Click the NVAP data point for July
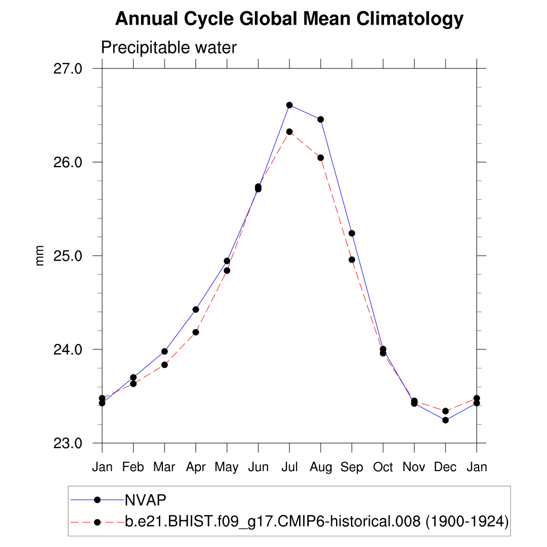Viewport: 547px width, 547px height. tap(290, 105)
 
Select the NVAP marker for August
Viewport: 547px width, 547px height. tap(321, 119)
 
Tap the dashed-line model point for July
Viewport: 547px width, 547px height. tap(290, 131)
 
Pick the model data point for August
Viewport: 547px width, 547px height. tap(321, 158)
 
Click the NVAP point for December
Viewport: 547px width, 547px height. tap(446, 420)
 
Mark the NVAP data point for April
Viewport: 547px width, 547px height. tap(196, 309)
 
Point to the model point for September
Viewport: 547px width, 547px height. tap(352, 260)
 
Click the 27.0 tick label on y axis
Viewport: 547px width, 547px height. tap(68, 68)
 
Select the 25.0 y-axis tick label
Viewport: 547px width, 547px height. tap(68, 255)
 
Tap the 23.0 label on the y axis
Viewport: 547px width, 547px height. tap(68, 443)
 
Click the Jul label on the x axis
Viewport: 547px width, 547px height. tap(290, 467)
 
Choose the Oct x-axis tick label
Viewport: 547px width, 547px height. tap(383, 467)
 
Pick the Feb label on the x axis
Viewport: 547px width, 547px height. tap(133, 467)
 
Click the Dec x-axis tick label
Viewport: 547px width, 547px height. tap(446, 467)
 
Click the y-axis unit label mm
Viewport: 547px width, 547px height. tap(40, 256)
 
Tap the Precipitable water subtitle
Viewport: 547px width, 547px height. tap(168, 48)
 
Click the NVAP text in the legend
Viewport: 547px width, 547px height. tap(145, 500)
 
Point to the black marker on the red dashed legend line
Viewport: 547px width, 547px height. tap(97, 522)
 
